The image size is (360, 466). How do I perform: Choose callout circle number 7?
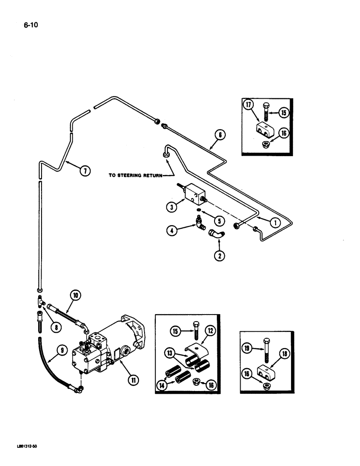pos(84,171)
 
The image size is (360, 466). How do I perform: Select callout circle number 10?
pos(75,294)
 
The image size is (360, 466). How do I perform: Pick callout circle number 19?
pos(247,347)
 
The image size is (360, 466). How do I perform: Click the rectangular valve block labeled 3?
pos(193,194)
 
